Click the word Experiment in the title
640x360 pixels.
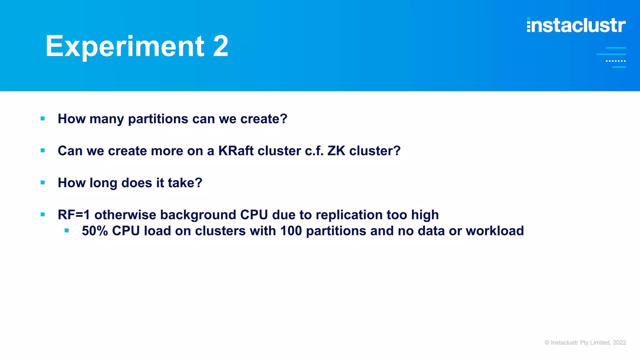pyautogui.click(x=124, y=47)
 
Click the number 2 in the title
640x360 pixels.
pyautogui.click(x=221, y=46)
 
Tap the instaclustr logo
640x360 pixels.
pyautogui.click(x=576, y=25)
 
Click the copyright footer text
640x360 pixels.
pyautogui.click(x=585, y=342)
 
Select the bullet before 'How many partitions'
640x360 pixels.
pyautogui.click(x=43, y=118)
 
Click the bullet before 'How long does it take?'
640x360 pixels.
pyautogui.click(x=43, y=182)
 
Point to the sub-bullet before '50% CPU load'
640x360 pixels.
pyautogui.click(x=67, y=231)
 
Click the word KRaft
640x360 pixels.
pyautogui.click(x=236, y=151)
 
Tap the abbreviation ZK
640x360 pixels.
pyautogui.click(x=336, y=151)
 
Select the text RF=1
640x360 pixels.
pyautogui.click(x=74, y=215)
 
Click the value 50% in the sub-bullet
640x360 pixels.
pyautogui.click(x=95, y=231)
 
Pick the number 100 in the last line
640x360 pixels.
pyautogui.click(x=291, y=231)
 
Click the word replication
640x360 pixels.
pyautogui.click(x=349, y=215)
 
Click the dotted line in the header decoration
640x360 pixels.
pyautogui.click(x=616, y=61)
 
